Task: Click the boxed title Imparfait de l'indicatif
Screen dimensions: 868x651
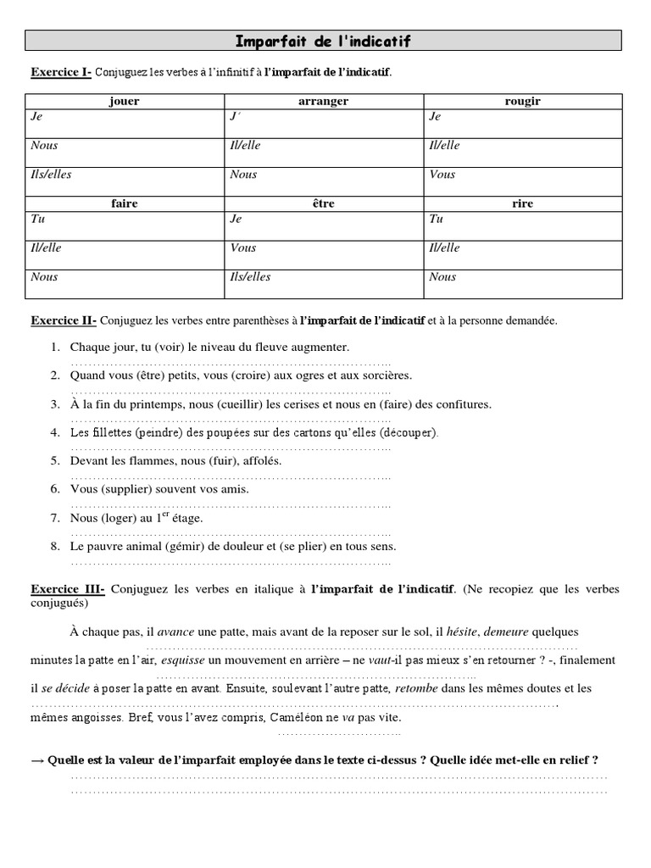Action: [323, 41]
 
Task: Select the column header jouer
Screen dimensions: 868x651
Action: [125, 101]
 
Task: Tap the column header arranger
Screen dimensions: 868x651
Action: [323, 101]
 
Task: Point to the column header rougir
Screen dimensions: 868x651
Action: [522, 101]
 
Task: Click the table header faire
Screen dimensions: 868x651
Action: [125, 203]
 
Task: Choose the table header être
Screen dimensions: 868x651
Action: [323, 203]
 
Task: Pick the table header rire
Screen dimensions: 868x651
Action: [522, 203]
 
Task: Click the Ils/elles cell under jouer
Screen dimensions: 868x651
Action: [51, 175]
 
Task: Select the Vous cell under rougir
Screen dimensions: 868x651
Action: [442, 175]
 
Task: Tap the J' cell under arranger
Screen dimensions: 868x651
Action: [236, 116]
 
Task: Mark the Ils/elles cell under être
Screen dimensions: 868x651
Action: [251, 276]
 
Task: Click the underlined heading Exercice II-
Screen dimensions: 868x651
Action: [64, 321]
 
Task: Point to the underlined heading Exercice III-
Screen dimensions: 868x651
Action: [68, 588]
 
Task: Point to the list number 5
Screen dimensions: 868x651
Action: [54, 461]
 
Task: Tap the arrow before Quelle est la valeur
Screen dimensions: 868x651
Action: [37, 760]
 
